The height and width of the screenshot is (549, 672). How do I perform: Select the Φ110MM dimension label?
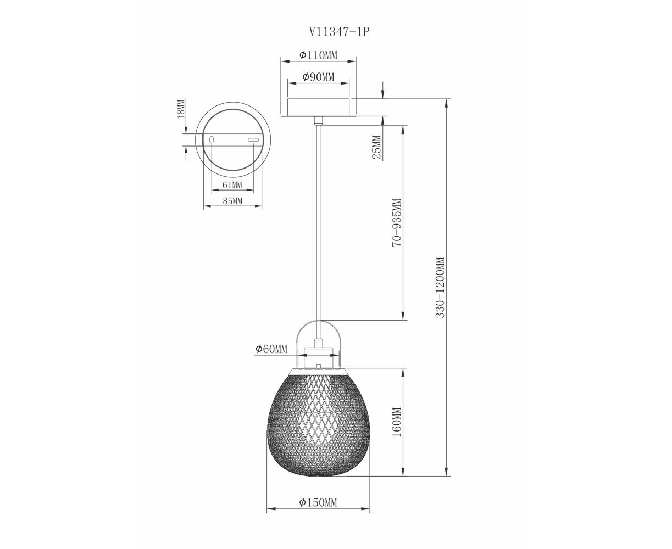[x=318, y=55]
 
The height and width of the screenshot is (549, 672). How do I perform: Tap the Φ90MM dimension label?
[x=318, y=77]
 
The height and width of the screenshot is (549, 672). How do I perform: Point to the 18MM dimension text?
[x=181, y=108]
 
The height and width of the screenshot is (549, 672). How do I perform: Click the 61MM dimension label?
[x=232, y=184]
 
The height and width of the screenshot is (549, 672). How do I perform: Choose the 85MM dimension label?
[x=232, y=201]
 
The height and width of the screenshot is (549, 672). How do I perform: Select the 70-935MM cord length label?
[x=397, y=223]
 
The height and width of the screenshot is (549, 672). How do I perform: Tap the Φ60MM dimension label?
[x=271, y=349]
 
